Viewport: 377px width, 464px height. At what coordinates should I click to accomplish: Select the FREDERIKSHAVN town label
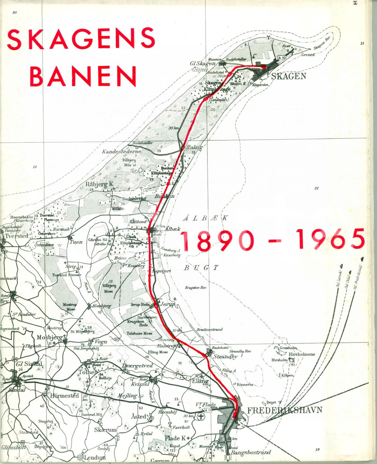click(x=285, y=410)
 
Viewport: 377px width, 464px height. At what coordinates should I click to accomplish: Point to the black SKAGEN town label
click(x=288, y=76)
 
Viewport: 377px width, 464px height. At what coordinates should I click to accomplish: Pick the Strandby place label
click(x=225, y=356)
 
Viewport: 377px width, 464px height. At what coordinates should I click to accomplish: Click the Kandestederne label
click(x=121, y=151)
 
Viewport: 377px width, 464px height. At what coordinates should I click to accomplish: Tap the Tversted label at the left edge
click(x=17, y=236)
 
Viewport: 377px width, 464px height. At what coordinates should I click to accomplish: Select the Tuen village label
click(x=76, y=242)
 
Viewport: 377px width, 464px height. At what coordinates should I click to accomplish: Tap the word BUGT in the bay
click(x=201, y=268)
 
